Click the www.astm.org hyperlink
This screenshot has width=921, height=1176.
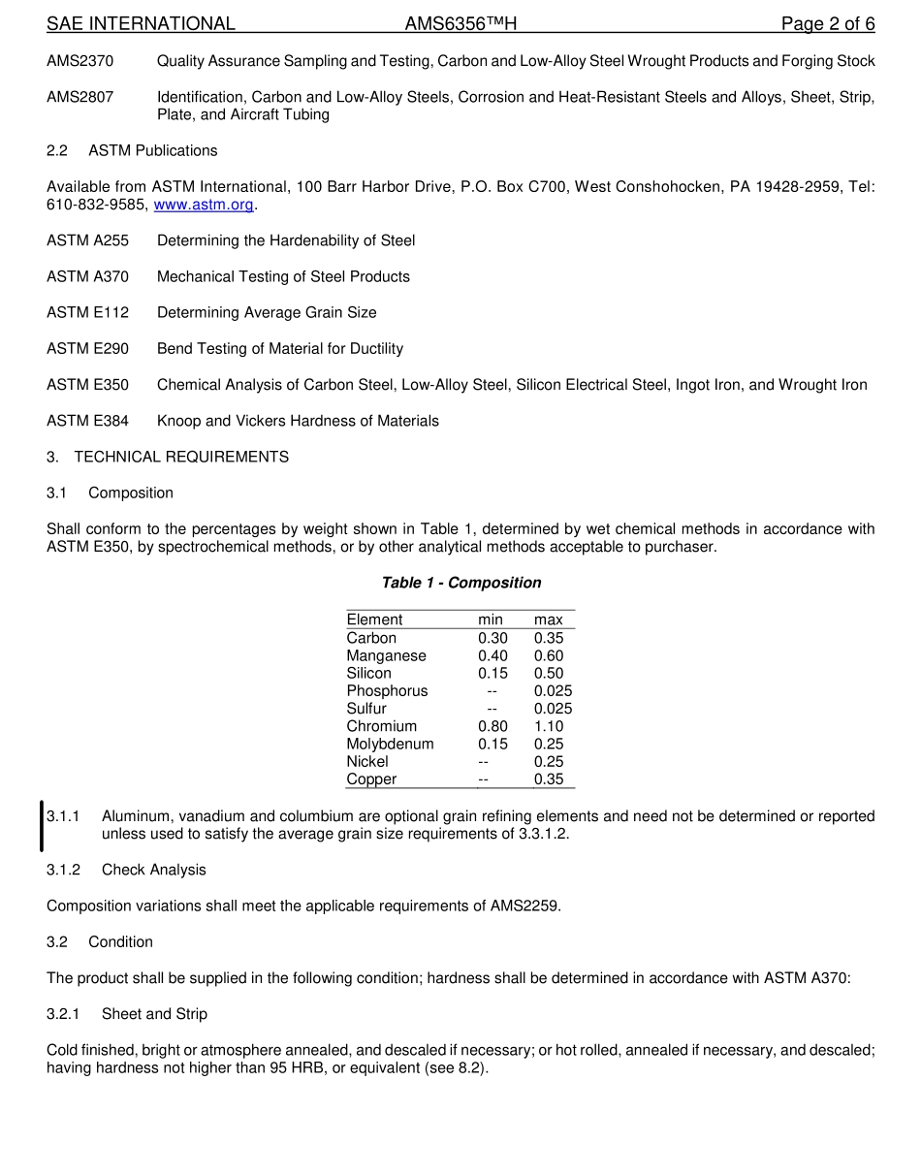click(204, 205)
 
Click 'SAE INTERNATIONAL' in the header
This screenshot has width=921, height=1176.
click(141, 23)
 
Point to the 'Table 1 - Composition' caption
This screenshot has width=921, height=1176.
click(461, 583)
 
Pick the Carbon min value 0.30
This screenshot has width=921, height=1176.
click(492, 638)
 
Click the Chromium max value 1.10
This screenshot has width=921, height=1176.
click(548, 726)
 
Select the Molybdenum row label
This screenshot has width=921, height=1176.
click(390, 744)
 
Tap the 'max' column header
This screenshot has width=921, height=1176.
click(548, 620)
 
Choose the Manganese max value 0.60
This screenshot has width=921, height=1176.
click(548, 655)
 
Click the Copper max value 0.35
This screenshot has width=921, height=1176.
click(548, 779)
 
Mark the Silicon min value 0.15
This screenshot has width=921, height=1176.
click(492, 673)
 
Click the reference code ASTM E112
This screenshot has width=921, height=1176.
click(87, 312)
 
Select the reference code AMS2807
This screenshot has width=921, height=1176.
click(79, 97)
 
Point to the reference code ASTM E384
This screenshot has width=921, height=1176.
click(87, 421)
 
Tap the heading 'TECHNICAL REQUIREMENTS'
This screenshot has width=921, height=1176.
click(181, 457)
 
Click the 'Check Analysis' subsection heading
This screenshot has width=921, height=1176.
click(153, 870)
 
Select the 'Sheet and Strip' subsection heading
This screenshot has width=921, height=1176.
click(154, 1014)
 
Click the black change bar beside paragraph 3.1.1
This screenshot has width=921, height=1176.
click(42, 825)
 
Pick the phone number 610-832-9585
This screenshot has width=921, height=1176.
click(97, 205)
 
